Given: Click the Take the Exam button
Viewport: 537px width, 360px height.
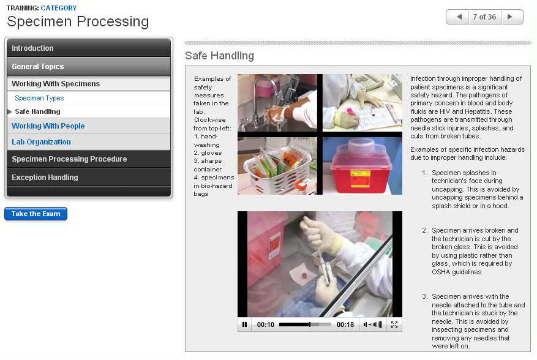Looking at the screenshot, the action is (36, 214).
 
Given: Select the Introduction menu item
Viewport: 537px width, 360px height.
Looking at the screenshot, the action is (89, 48).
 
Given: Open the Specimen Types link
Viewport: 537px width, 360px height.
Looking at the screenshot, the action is (39, 98).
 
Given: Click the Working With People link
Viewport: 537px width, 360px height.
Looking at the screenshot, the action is (48, 126).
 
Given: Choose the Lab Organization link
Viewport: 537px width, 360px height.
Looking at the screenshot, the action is (41, 142).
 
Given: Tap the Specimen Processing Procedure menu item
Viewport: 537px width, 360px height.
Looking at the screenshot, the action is (89, 159).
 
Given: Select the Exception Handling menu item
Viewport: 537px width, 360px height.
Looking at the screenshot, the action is (89, 178).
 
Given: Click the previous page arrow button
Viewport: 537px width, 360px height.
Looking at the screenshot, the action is (457, 17).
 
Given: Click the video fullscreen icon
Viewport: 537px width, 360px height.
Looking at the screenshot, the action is (394, 324).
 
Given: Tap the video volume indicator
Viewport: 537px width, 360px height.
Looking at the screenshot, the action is (373, 324).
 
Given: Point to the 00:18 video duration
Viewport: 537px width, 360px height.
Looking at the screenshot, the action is (345, 324).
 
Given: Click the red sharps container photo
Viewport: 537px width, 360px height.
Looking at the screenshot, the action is (362, 167).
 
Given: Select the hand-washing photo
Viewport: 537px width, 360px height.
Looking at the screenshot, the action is (277, 103).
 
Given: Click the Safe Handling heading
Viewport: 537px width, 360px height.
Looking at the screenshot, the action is (220, 56).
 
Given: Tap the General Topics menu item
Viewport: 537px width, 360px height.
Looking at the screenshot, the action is (89, 67).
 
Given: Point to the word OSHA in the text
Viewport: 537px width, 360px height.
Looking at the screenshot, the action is (441, 272).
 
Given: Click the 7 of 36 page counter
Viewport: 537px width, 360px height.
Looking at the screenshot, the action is (484, 17).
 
